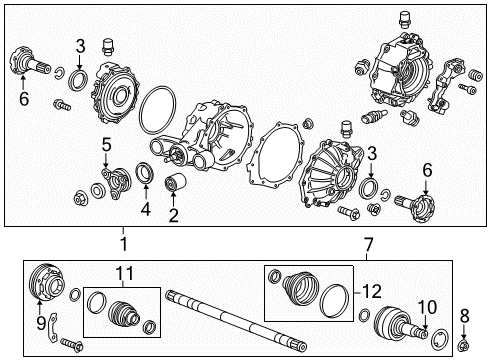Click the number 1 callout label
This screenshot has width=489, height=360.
[x=123, y=244]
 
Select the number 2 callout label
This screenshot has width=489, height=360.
[x=173, y=214]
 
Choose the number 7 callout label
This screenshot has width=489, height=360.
[x=368, y=244]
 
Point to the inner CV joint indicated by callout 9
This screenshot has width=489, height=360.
[x=46, y=285]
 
